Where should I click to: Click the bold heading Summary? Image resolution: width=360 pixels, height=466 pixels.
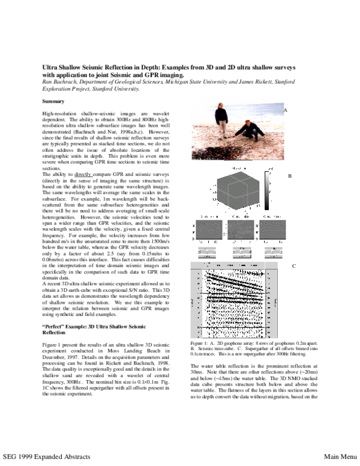pyautogui.click(x=53, y=101)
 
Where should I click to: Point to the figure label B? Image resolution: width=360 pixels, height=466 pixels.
pyautogui.click(x=290, y=176)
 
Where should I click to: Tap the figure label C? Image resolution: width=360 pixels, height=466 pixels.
pyautogui.click(x=294, y=265)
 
